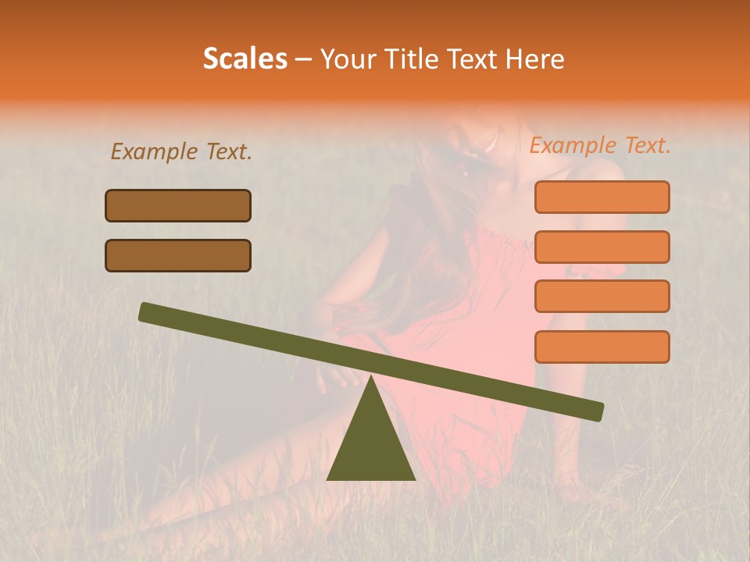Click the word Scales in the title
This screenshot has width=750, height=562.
coord(245,59)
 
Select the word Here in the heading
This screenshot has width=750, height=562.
coord(534,59)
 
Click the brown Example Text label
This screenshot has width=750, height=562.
coord(181,151)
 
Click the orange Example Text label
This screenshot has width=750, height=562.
coord(600,145)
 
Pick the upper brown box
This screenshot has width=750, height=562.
coord(178,205)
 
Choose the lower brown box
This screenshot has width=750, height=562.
coord(178,255)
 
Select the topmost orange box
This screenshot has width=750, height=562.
coord(602,197)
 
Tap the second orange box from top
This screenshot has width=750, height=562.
coord(602,247)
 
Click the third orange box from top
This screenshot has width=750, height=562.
coord(602,296)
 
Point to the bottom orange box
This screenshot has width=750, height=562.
coord(602,347)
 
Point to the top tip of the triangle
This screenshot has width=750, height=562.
coord(371,377)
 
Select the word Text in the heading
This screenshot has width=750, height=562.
coord(471,59)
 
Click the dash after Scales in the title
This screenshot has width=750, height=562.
coord(303,59)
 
